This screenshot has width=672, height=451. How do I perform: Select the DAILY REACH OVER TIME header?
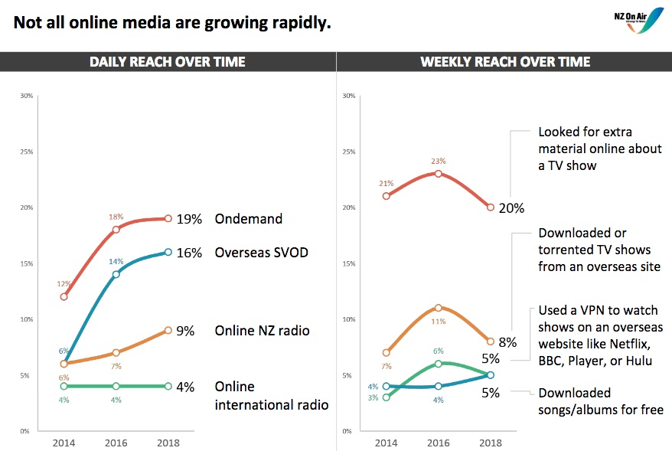tap(168, 62)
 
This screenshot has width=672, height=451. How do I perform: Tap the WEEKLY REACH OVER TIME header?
tap(505, 62)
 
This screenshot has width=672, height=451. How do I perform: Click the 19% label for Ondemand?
tap(188, 219)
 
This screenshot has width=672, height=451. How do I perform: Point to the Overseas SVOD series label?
tap(261, 253)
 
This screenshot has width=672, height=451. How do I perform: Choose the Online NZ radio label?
tap(261, 331)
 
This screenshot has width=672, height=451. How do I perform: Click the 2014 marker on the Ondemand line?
tap(64, 296)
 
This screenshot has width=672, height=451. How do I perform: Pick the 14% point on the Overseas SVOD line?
tap(116, 274)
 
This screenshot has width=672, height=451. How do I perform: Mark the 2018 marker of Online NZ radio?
tap(168, 330)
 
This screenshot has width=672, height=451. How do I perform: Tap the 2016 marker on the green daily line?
tap(116, 386)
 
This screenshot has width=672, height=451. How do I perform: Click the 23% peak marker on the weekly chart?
tap(439, 174)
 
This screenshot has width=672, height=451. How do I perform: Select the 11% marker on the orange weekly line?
tap(439, 308)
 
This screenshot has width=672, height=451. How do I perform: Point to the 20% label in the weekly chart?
tap(511, 208)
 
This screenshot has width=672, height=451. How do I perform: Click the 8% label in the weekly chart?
tap(508, 342)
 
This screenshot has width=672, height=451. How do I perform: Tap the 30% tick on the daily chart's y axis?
tap(27, 96)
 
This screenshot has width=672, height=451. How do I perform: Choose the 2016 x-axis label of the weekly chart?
tap(439, 443)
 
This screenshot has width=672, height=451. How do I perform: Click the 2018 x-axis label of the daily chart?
tap(168, 443)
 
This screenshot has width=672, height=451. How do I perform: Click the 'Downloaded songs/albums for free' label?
tap(600, 401)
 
